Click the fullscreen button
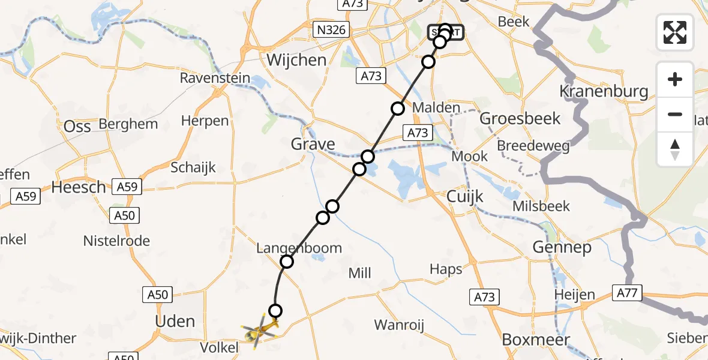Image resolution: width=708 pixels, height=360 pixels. (675, 32)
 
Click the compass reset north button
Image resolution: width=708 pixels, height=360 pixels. (675, 149)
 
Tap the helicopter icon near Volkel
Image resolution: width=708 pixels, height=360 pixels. (259, 329)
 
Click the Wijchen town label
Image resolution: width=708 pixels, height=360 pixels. (296, 60)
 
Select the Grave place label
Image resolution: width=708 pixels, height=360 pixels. (313, 144)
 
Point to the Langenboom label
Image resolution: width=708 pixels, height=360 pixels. (299, 248)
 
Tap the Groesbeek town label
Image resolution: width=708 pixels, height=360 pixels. (520, 118)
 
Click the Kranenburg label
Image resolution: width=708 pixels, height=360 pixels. (604, 92)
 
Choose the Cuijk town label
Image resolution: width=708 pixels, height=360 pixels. (465, 197)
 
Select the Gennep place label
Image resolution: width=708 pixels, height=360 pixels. (562, 247)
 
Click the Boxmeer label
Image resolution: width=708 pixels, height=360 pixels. (535, 339)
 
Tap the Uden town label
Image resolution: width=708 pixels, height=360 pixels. (175, 321)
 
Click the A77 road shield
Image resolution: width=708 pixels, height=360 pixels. (628, 293)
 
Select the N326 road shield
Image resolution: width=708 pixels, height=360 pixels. (332, 29)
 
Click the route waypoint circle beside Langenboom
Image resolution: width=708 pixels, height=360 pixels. (287, 262)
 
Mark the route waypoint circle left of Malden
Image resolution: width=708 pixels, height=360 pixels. (398, 109)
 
